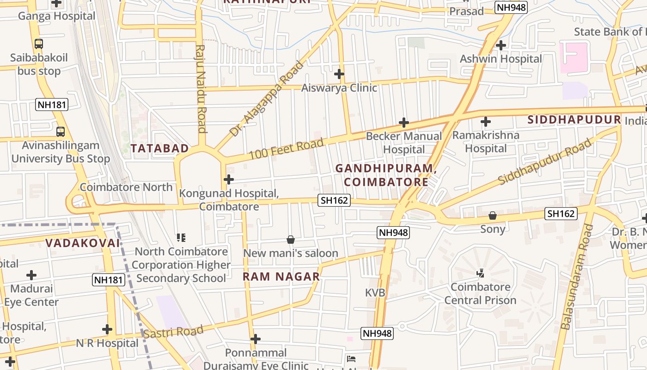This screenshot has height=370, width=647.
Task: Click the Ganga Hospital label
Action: pos(56,16)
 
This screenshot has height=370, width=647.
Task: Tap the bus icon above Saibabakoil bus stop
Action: pos(39,44)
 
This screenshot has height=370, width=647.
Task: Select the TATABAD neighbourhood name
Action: pos(159,148)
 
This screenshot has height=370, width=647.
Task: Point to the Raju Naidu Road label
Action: pos(201,88)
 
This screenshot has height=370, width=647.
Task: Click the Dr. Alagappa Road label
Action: pos(267,99)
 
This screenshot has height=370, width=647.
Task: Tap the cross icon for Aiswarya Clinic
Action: pos(339,74)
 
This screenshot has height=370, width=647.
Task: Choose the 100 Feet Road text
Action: pos(287,149)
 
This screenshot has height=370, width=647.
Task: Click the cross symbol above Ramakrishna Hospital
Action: pos(485,122)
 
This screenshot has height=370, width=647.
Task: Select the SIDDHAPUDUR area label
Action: pos(574,120)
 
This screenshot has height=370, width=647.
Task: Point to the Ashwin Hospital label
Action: pos(501,59)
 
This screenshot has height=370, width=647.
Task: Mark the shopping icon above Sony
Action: pos(493,216)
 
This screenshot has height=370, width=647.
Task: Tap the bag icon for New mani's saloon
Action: pos(291,240)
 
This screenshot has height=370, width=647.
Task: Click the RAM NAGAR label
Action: pos(281,277)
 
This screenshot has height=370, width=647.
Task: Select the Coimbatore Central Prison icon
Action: pos(480,273)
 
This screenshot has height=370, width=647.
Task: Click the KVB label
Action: pos(375,293)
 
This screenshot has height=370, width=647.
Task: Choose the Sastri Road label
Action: pos(173,332)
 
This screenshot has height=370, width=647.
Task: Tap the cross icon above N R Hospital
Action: pos(107,329)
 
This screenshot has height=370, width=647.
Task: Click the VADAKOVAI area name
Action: pos(83,243)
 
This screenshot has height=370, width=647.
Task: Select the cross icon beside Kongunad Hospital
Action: pos(229,179)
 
